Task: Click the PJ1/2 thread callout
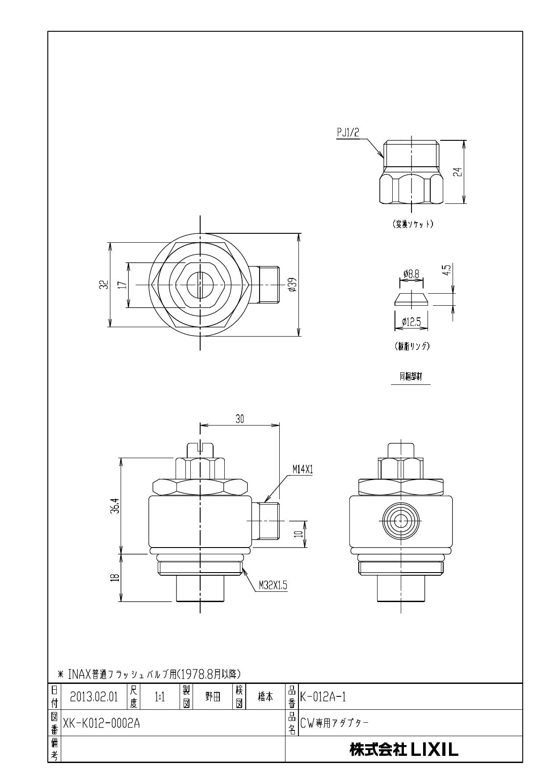pos(348,132)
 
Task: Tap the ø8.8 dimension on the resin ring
pos(411,274)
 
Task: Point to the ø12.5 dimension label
pos(411,321)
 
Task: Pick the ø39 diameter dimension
pos(293,284)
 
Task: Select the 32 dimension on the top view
pos(104,285)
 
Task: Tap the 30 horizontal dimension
pos(240,418)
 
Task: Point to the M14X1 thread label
pos(302,469)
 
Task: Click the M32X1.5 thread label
pos(273,585)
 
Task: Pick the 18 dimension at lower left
pos(115,577)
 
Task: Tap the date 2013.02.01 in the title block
pos(94,697)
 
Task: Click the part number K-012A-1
pos(323,697)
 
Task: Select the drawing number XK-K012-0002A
pos(101,723)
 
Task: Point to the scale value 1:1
pos(159,697)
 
